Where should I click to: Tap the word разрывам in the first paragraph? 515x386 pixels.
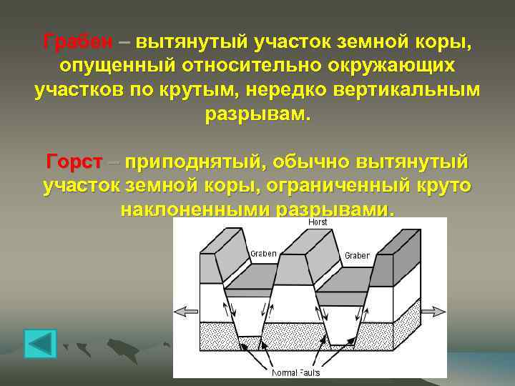pos(257,115)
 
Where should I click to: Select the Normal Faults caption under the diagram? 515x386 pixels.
pos(295,372)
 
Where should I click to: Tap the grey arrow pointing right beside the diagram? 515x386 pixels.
pos(433,311)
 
